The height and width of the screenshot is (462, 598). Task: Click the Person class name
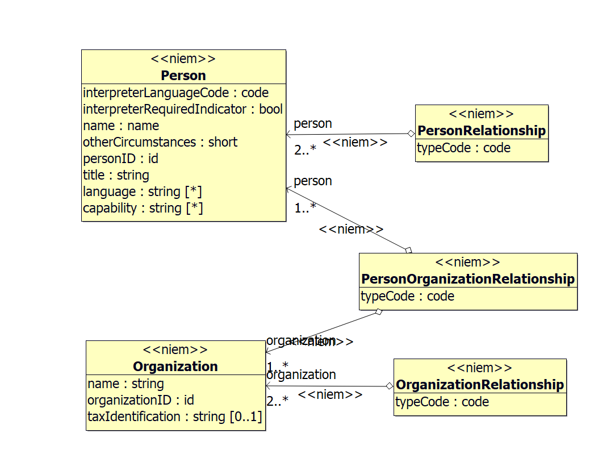[183, 76]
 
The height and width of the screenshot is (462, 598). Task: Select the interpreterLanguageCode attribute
[175, 93]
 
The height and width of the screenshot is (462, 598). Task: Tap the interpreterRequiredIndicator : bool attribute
[182, 109]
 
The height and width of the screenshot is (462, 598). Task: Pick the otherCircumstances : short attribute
[160, 142]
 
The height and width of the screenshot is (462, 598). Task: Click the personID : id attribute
[120, 159]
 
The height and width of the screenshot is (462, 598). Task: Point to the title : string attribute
[116, 175]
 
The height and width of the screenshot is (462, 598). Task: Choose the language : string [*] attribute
[143, 192]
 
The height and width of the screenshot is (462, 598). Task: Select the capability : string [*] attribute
[143, 208]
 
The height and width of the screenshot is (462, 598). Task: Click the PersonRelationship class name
[482, 131]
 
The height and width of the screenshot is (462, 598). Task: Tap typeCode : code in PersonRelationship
[464, 148]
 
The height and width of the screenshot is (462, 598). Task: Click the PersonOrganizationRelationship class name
[468, 279]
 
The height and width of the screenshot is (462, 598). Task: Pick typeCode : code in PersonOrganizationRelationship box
[407, 296]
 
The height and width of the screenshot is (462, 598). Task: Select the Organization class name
[175, 367]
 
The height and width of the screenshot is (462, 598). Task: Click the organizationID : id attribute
[141, 400]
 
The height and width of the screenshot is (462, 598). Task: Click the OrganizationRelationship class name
[480, 385]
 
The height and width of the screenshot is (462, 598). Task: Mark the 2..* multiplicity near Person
[305, 150]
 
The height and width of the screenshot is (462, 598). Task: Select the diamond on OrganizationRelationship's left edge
[389, 386]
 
